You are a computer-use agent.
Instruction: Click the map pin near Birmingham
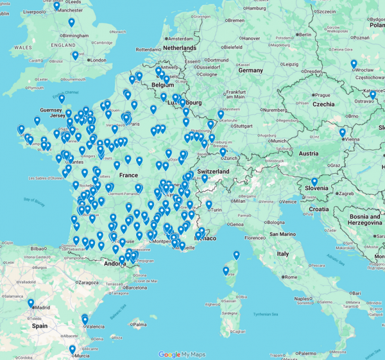[71, 23]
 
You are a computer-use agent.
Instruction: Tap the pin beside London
[75, 56]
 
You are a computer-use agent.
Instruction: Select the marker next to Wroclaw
[354, 64]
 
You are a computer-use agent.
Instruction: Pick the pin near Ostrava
[373, 96]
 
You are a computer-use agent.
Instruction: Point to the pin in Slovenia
[314, 182]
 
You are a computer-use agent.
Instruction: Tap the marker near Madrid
[30, 303]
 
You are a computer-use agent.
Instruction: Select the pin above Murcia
[73, 350]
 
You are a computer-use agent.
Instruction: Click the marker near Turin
[209, 205]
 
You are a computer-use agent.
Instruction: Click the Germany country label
[251, 71]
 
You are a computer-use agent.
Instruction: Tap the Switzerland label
[213, 172]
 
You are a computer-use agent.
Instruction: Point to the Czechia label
[324, 104]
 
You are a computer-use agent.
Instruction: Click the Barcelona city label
[137, 288]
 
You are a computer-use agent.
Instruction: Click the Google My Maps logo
[180, 354]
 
